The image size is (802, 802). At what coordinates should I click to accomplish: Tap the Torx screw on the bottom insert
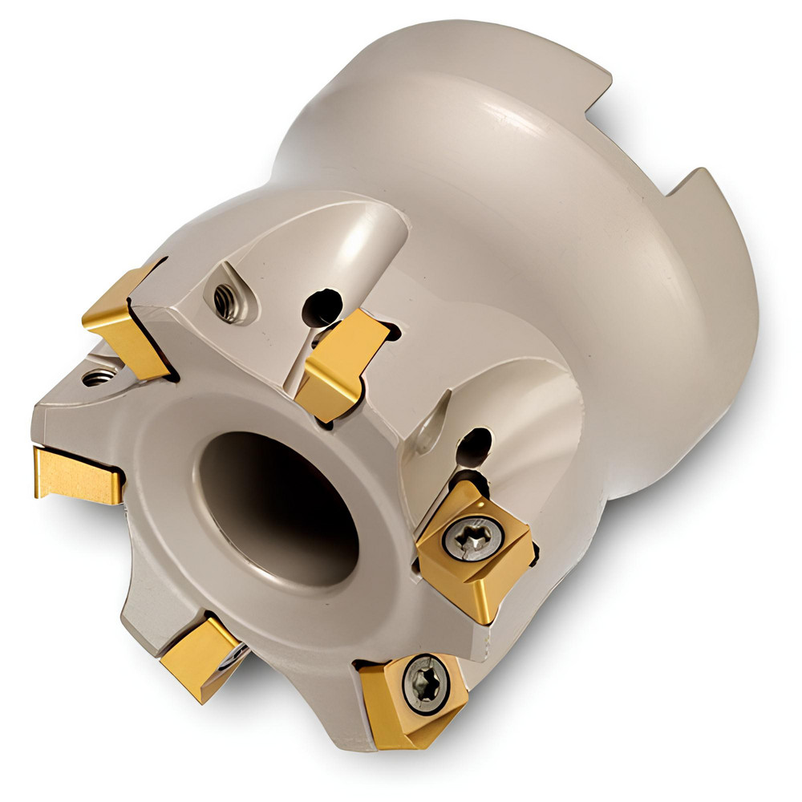(423, 684)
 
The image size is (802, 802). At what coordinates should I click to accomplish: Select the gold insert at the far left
(76, 475)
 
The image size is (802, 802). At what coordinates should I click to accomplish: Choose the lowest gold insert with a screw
(413, 698)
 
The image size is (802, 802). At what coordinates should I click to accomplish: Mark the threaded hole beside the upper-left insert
(98, 376)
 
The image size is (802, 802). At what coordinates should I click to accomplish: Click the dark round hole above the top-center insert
(321, 306)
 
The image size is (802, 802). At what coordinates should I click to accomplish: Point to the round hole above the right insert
(474, 446)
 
